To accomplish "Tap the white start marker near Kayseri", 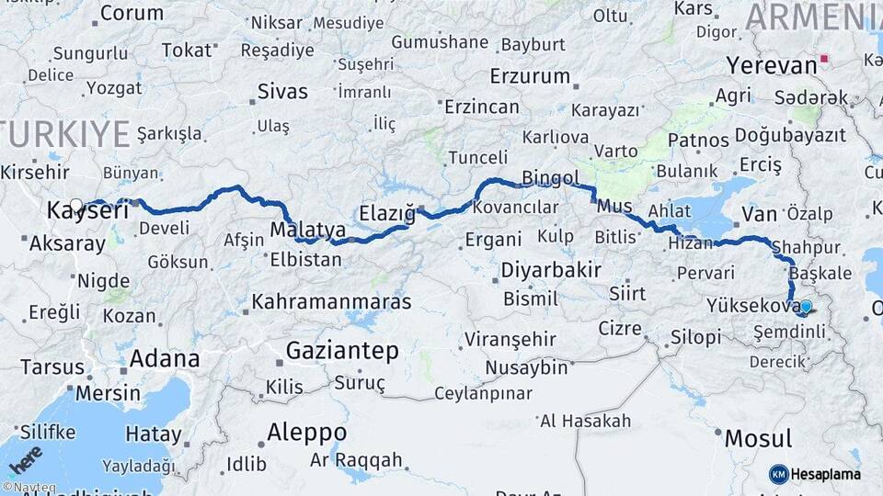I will [x=76, y=205].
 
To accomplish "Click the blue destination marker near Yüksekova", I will [x=806, y=307].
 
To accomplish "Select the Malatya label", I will [x=308, y=230].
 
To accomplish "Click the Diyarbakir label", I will [x=551, y=271].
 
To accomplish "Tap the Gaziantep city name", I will [x=342, y=351].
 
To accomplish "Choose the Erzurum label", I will [x=531, y=75].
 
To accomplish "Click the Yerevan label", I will [x=772, y=66].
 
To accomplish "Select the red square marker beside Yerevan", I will [x=825, y=60].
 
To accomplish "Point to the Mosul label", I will [x=758, y=438].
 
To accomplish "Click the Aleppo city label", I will [x=306, y=432].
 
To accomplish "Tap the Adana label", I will [x=165, y=358].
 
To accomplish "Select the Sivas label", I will [x=282, y=92].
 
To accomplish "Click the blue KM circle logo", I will [x=778, y=474].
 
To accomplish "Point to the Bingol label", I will [x=550, y=178].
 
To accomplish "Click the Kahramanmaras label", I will [x=332, y=301].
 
